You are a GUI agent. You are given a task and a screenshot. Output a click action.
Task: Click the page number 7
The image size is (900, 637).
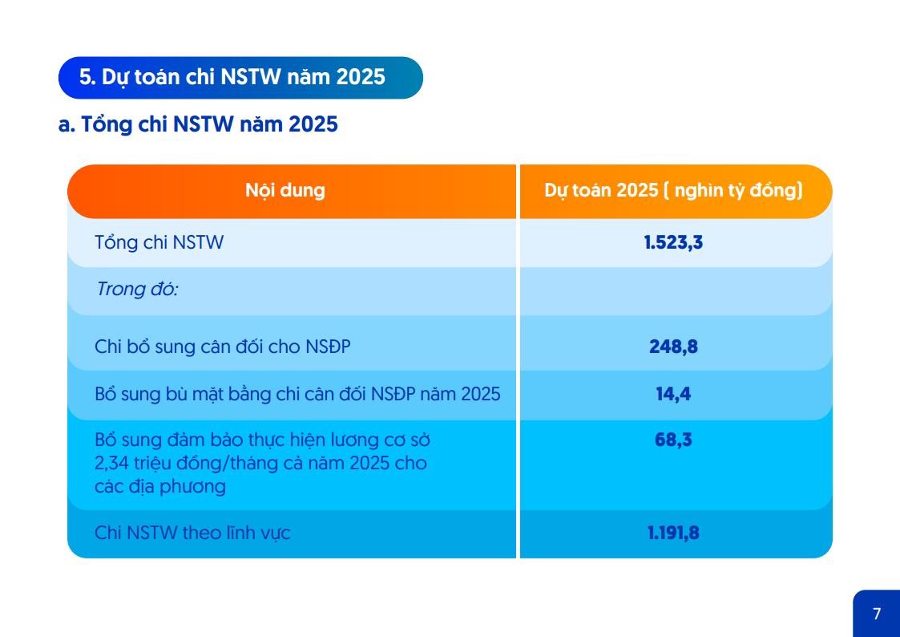click(x=877, y=614)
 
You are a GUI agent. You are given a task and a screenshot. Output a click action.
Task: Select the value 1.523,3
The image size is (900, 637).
click(x=673, y=242)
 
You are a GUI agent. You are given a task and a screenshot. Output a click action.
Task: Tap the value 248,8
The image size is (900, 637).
click(x=673, y=347)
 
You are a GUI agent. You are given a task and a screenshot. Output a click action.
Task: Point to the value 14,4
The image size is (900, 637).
click(x=673, y=393)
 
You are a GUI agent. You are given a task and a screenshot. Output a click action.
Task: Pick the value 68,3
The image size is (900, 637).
click(x=673, y=440)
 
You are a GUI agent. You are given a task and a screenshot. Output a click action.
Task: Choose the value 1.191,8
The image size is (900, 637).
click(x=673, y=533)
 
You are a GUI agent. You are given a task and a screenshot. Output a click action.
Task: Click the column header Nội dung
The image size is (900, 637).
click(x=285, y=190)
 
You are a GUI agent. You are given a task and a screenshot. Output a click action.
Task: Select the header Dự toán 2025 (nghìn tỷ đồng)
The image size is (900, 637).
click(x=673, y=190)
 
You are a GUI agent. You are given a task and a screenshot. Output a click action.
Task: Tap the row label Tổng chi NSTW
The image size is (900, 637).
click(x=159, y=242)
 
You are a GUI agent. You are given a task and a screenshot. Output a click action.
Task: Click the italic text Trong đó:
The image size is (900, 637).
click(x=138, y=289)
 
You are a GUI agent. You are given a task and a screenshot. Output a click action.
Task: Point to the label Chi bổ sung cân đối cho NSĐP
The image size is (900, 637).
click(x=223, y=347)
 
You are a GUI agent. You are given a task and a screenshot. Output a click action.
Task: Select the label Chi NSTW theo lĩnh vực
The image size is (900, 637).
click(x=192, y=533)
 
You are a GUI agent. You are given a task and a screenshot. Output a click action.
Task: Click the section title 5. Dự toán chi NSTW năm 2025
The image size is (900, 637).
click(x=232, y=77)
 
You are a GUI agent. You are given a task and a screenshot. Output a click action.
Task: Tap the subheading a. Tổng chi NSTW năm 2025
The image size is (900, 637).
click(x=198, y=124)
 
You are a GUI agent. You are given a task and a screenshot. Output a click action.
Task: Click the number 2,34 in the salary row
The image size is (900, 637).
click(x=112, y=463)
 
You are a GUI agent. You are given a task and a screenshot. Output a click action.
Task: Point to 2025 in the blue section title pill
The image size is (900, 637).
click(x=361, y=77)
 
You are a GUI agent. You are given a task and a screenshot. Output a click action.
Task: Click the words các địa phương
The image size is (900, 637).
click(x=160, y=486)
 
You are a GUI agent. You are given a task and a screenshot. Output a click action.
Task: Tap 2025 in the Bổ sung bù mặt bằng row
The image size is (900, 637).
click(x=481, y=394)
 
